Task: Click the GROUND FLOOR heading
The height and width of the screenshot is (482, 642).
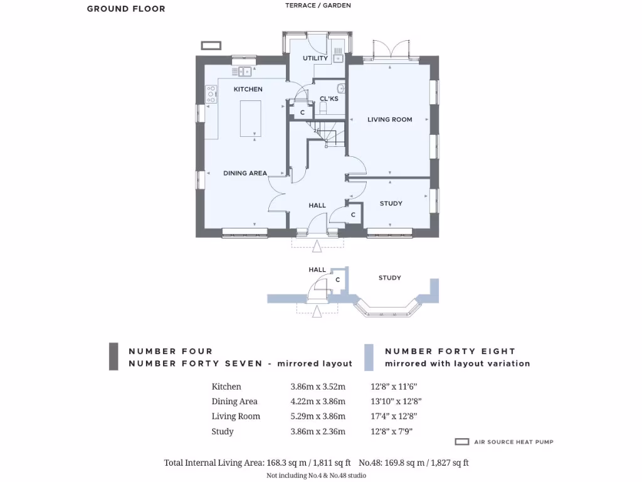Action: pos(126,9)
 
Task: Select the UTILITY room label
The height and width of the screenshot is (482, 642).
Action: pos(315,58)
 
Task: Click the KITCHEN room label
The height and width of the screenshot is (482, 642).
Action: pos(248,89)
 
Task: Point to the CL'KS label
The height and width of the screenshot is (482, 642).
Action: pos(329,99)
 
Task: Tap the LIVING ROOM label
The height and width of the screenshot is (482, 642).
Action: pos(389,119)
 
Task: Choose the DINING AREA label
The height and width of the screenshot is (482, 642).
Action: pos(245,173)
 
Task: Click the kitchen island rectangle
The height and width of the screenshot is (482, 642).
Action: pos(251,117)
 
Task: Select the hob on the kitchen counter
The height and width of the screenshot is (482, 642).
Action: pos(211,95)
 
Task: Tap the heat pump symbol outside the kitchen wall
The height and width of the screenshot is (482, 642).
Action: pos(211,45)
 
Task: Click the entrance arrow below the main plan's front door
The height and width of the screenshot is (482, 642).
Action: pos(317,246)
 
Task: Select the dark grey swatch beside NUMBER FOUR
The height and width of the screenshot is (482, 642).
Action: pos(113,356)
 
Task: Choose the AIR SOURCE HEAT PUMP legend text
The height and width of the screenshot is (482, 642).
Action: pos(513,442)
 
